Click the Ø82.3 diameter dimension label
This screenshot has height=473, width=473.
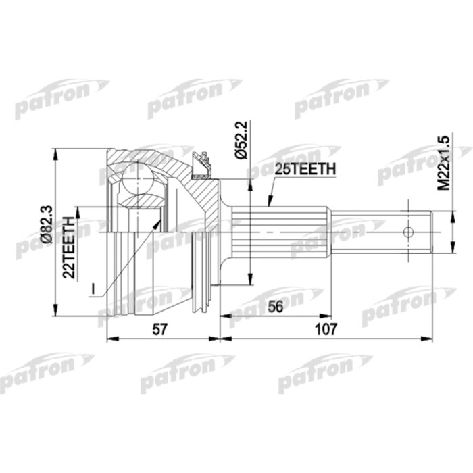pos(47,225)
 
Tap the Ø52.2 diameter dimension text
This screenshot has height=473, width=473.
pos(241,140)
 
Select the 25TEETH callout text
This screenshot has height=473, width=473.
pos(305,169)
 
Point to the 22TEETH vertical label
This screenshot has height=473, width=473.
pos(69,247)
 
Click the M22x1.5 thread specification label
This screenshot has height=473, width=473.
pos(444,163)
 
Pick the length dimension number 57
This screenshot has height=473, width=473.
pos(159,329)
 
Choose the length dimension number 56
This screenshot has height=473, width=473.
pos(276,307)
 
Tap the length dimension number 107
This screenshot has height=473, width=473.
pos(326,329)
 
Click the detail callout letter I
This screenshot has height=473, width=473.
pos(93,289)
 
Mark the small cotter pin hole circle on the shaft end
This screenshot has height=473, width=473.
pos(408,232)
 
